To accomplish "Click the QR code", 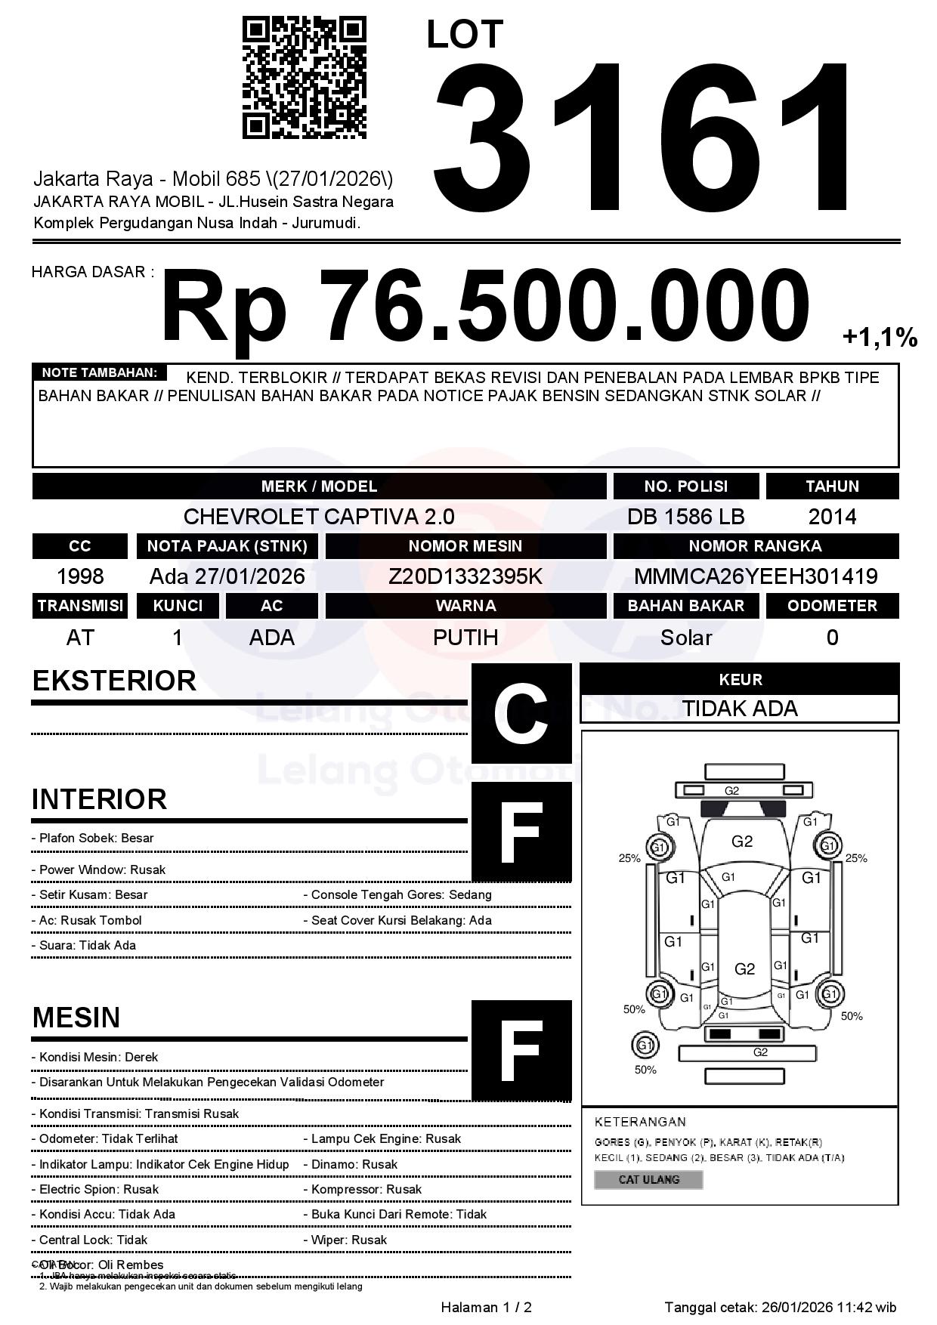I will click(x=304, y=78).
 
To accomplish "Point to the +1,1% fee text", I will click(x=880, y=338).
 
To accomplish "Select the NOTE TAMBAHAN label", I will click(x=99, y=372).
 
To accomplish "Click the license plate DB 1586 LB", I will click(x=685, y=517).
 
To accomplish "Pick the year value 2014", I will click(x=832, y=517).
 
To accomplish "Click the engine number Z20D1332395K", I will click(x=465, y=576).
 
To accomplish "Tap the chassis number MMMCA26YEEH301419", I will click(x=756, y=576).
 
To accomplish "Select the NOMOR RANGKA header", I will click(x=756, y=546).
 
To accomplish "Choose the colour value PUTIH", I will click(x=465, y=638).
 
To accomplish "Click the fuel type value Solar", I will click(x=686, y=638).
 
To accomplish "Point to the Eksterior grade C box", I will click(x=521, y=713).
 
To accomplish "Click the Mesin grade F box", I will click(x=521, y=1050).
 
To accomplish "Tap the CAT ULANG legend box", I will click(x=648, y=1179).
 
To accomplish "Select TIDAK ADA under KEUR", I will click(x=740, y=709).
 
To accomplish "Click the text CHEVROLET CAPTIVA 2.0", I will click(x=319, y=517).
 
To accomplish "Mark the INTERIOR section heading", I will click(x=99, y=799).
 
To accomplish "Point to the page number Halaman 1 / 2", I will click(x=486, y=1307).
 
